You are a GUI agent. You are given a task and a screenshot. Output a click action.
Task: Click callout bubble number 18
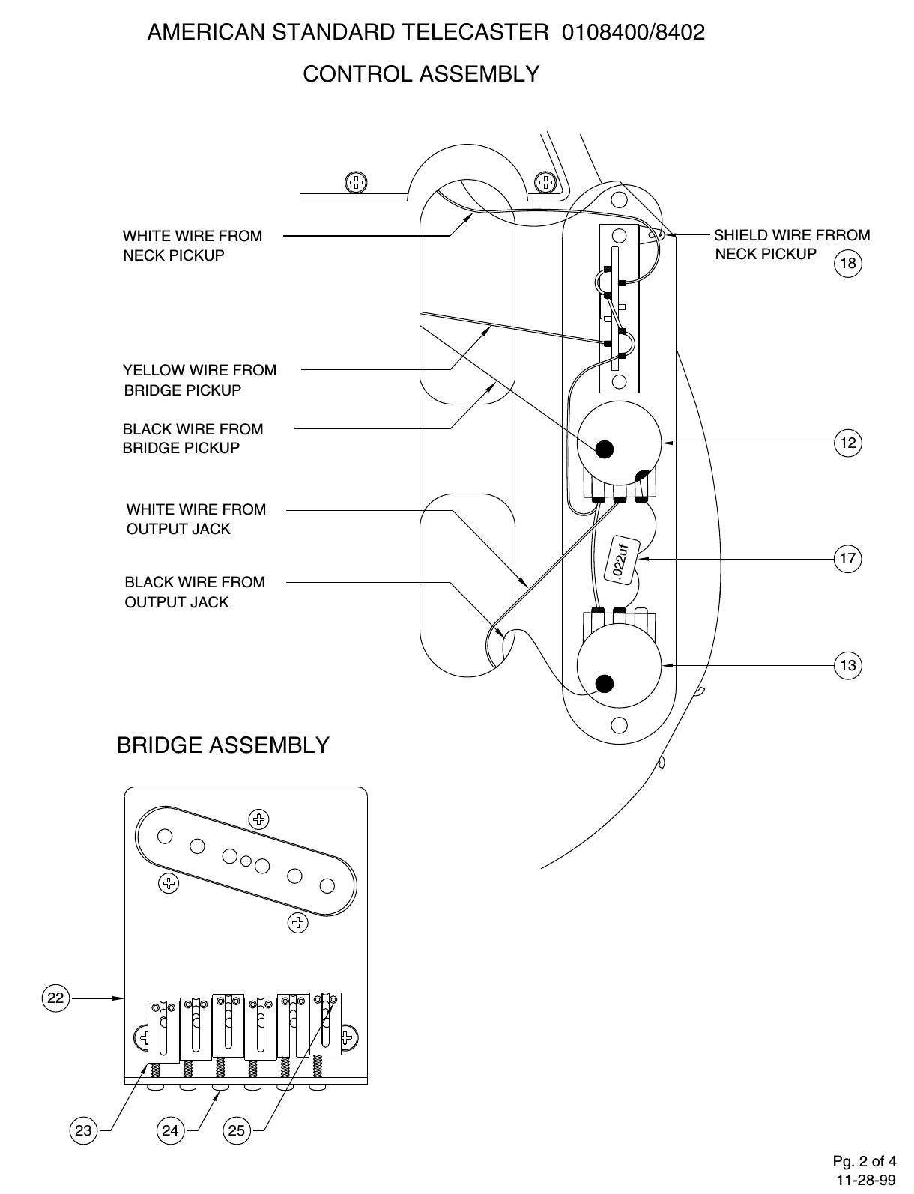pos(848,263)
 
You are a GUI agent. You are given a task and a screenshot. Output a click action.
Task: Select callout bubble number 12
pos(848,443)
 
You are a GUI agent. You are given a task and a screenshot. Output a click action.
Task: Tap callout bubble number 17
pos(848,559)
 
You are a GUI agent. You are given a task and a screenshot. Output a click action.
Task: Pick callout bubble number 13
pos(848,665)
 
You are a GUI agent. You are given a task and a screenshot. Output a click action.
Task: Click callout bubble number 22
pos(55,998)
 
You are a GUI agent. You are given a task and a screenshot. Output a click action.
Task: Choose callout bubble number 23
pos(83,1130)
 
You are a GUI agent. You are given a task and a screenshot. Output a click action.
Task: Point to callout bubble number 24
pos(171,1130)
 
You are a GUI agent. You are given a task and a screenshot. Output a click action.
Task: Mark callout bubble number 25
pos(236,1130)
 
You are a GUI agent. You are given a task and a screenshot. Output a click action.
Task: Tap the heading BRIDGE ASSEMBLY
pos(223,745)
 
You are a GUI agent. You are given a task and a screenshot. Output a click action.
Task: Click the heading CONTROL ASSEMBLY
pos(421,74)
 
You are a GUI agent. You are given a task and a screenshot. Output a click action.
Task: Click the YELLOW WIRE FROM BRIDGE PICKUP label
pos(199,380)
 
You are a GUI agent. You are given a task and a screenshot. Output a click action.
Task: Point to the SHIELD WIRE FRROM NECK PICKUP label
pos(791,244)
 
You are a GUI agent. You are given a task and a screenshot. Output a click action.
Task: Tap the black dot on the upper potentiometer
pos(604,449)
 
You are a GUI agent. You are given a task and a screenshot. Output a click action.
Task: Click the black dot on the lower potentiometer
pos(604,682)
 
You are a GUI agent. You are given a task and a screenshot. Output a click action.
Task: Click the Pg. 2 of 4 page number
pos(864,1162)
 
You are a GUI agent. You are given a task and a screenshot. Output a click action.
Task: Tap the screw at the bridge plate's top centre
pos(259,819)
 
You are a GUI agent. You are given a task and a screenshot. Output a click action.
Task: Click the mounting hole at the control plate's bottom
pos(619,725)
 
